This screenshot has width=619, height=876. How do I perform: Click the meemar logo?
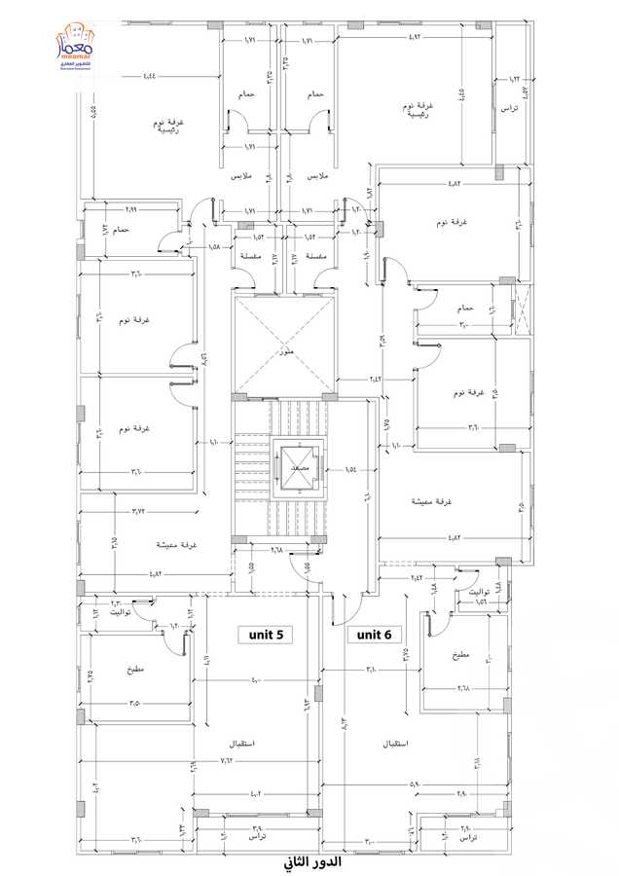(x=75, y=46)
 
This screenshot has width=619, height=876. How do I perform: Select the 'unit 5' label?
(x=265, y=635)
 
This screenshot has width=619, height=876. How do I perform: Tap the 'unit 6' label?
(x=374, y=635)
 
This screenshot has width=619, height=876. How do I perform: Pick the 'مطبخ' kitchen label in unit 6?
(x=459, y=655)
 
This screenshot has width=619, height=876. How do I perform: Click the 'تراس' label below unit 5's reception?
(x=256, y=837)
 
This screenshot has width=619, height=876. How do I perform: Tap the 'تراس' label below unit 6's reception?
(x=467, y=837)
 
